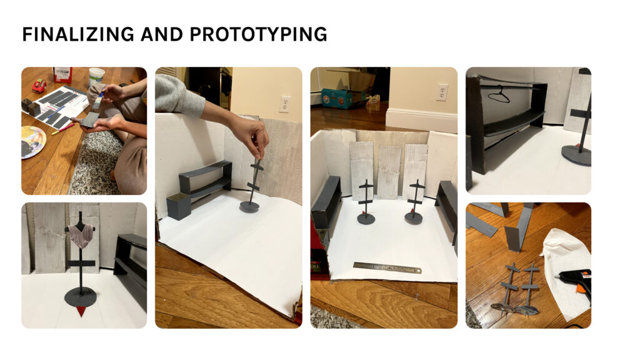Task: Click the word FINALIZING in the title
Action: (x=78, y=34)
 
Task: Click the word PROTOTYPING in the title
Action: (x=258, y=34)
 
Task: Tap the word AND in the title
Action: (x=162, y=34)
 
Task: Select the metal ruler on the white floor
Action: (x=387, y=267)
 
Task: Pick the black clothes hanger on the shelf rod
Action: (x=499, y=95)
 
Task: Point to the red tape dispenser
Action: (x=39, y=85)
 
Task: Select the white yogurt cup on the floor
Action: (x=96, y=77)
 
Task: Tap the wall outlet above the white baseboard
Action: (x=442, y=92)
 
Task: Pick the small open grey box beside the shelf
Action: (x=178, y=206)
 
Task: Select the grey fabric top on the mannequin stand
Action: (x=81, y=236)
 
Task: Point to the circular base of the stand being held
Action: (x=250, y=206)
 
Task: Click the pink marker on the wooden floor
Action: (x=63, y=129)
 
